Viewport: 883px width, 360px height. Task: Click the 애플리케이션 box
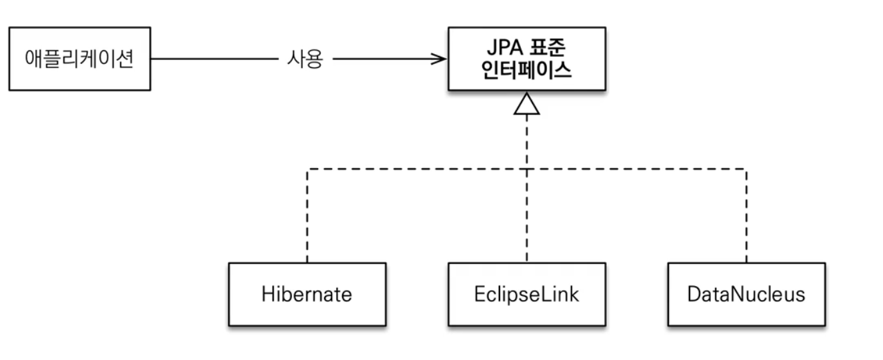click(x=79, y=59)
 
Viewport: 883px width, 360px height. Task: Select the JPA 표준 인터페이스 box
click(x=527, y=59)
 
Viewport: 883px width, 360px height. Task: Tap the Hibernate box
click(x=307, y=294)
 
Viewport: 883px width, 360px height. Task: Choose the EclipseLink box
click(x=527, y=294)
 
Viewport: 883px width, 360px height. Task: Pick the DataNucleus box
click(x=746, y=294)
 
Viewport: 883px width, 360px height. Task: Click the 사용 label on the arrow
click(x=305, y=59)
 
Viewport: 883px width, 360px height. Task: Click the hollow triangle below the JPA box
click(x=527, y=103)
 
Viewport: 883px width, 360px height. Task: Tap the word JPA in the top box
click(x=505, y=47)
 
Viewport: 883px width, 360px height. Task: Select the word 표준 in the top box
click(x=548, y=47)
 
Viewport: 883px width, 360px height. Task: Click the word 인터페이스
click(x=526, y=70)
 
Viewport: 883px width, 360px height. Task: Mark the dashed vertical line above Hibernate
click(x=307, y=216)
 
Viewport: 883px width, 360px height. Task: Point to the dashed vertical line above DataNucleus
click(x=746, y=216)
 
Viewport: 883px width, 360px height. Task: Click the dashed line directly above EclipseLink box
click(x=527, y=216)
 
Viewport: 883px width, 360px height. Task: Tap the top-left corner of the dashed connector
click(x=307, y=169)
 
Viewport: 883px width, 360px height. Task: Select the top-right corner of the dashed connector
click(x=746, y=169)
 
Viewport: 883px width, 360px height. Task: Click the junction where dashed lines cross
click(x=527, y=169)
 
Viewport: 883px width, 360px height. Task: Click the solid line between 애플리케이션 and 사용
click(x=215, y=59)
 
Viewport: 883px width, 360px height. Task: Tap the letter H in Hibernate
click(x=268, y=294)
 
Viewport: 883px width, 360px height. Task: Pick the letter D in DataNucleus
click(x=694, y=294)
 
